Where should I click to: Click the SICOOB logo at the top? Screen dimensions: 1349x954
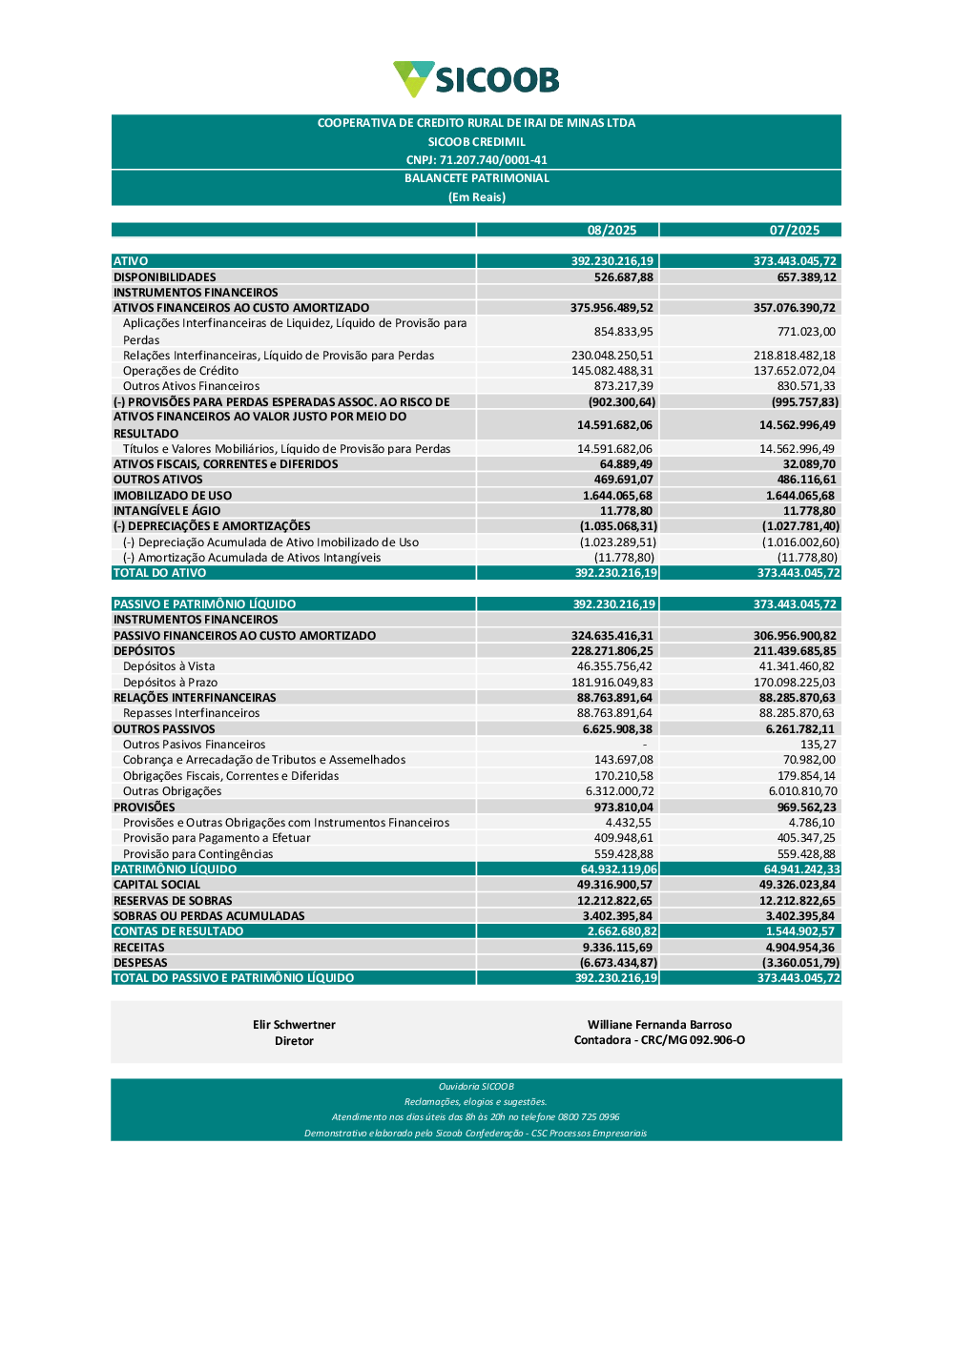pos(476,80)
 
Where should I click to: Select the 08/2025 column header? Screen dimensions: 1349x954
pos(612,230)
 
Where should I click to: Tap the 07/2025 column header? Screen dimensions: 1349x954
pos(795,230)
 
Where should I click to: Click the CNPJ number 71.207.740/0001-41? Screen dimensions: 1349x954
pos(476,160)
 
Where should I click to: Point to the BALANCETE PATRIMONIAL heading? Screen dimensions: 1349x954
pos(476,178)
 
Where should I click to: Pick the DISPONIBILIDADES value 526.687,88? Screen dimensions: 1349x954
pos(624,277)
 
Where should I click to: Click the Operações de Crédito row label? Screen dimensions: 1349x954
pos(180,371)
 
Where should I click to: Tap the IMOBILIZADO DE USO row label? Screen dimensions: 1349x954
pos(173,496)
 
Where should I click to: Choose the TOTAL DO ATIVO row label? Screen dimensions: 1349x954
pos(160,573)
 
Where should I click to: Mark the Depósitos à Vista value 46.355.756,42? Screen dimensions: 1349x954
pos(614,666)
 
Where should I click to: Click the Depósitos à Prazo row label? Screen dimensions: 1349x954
pos(170,683)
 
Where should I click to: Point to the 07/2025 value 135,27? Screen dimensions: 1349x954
pos(818,745)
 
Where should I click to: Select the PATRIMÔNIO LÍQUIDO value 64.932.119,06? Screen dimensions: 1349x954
pos(618,869)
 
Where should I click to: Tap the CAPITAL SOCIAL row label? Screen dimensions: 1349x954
pos(157,885)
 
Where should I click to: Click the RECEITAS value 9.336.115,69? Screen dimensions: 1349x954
pos(617,948)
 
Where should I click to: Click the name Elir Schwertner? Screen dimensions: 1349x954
pos(294,1025)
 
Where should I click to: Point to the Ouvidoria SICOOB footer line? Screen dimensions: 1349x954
pos(476,1087)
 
